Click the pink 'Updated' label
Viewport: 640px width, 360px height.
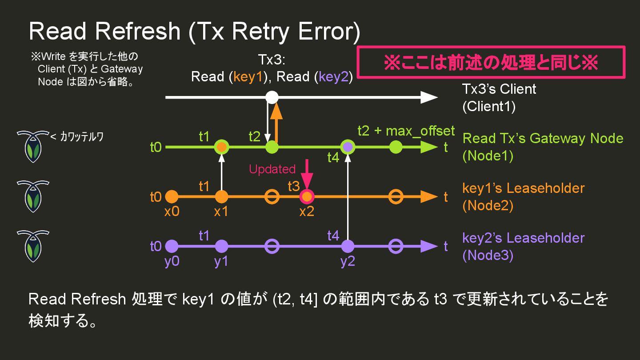272,169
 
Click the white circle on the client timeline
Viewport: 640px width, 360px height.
272,97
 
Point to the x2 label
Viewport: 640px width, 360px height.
306,212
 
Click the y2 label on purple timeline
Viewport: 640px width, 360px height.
348,261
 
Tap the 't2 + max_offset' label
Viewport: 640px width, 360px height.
406,131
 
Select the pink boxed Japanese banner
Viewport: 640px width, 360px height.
491,63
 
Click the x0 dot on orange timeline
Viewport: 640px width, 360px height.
172,196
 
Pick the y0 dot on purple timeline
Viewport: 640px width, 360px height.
172,246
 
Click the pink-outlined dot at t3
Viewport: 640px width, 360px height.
307,196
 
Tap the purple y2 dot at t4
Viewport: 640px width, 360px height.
348,246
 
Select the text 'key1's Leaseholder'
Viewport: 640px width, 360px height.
523,188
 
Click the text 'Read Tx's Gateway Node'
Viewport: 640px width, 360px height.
543,138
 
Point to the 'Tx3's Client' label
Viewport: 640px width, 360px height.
499,89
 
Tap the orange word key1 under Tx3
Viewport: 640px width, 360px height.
249,77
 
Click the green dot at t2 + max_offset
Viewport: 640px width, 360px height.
396,147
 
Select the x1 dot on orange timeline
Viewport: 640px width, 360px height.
221,196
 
